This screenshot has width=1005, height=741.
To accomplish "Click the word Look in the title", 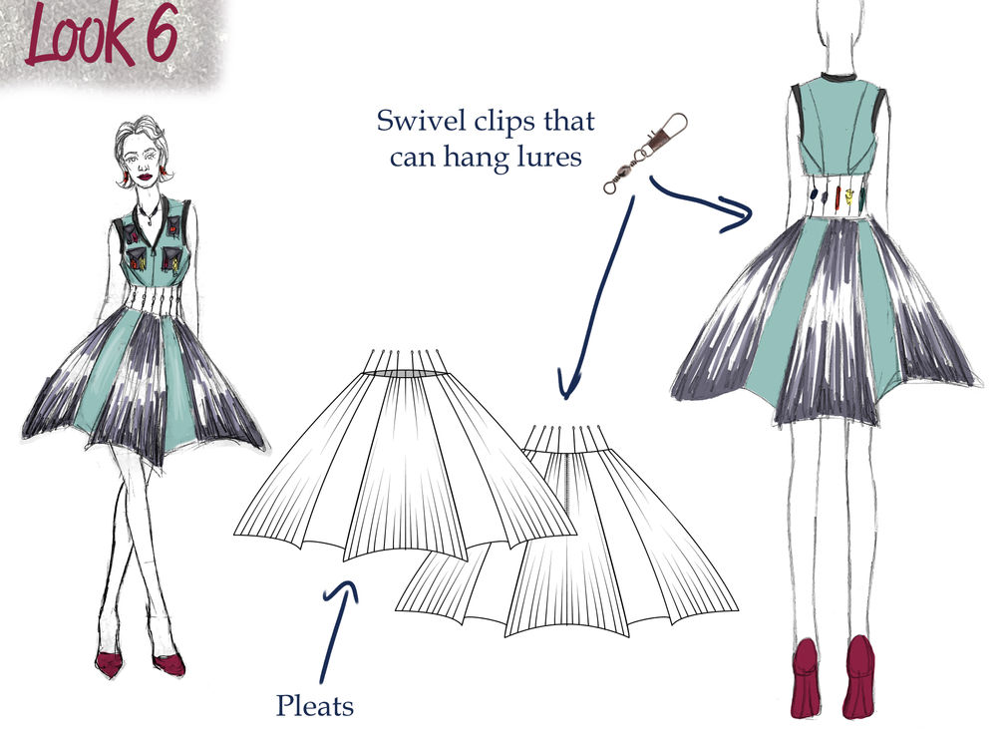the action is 79,35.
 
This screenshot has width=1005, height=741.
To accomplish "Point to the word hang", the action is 471,158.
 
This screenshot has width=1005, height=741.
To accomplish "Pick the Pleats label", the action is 315,706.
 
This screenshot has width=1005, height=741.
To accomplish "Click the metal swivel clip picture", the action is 645,152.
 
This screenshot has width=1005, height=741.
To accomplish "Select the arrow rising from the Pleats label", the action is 337,630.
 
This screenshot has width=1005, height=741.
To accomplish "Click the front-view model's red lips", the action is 145,176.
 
